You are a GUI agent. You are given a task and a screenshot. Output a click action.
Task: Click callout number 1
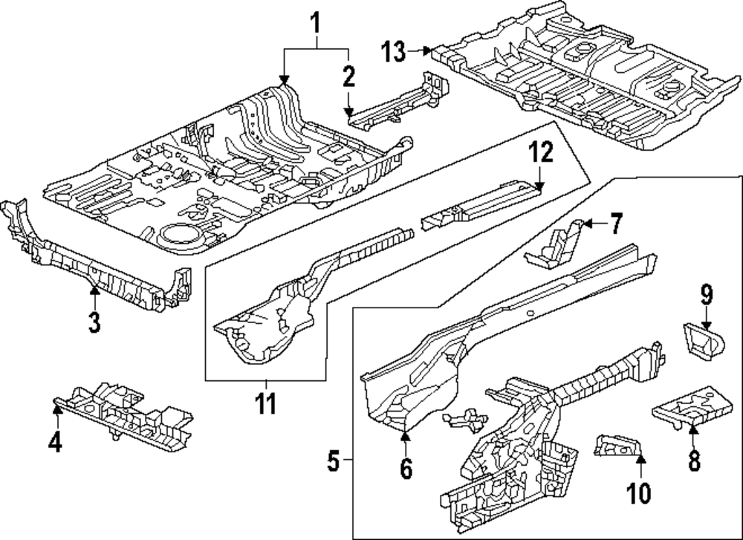[x=317, y=24]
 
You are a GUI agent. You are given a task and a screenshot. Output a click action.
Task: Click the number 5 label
[x=334, y=463]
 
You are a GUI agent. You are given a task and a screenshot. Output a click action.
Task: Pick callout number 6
[x=406, y=469]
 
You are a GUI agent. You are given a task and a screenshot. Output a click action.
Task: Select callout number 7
[x=617, y=223]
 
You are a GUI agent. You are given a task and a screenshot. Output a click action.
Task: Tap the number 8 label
[x=694, y=461]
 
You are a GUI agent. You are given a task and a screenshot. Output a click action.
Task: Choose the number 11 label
[x=265, y=404]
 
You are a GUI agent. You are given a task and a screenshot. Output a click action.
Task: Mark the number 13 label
[x=395, y=52]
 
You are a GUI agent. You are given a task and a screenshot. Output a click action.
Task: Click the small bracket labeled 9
[x=702, y=342]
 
